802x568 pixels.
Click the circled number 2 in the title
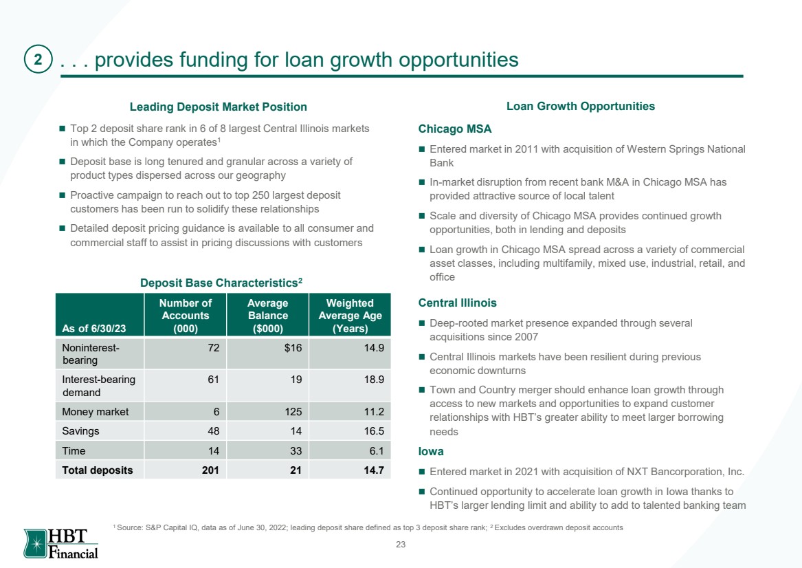pyautogui.click(x=38, y=59)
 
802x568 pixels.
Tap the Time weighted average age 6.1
pyautogui.click(x=376, y=451)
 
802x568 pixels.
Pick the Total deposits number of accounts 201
pyautogui.click(x=210, y=470)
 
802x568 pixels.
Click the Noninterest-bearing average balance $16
pyautogui.click(x=293, y=348)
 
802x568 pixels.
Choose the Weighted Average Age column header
pyautogui.click(x=350, y=316)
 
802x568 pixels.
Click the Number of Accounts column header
pyautogui.click(x=185, y=316)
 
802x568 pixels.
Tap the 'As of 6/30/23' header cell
pyautogui.click(x=94, y=329)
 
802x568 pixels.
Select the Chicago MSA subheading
pyautogui.click(x=455, y=129)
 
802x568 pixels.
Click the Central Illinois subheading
pyautogui.click(x=457, y=303)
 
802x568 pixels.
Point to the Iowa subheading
pyautogui.click(x=431, y=451)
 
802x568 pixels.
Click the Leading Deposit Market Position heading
pyautogui.click(x=219, y=107)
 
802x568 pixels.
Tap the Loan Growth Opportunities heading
pyautogui.click(x=581, y=107)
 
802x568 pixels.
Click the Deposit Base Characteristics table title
pyautogui.click(x=221, y=283)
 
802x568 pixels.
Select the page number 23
pyautogui.click(x=401, y=545)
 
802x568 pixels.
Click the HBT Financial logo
pyautogui.click(x=61, y=543)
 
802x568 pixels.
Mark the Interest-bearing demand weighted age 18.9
pyautogui.click(x=374, y=380)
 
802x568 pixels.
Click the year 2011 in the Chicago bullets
pyautogui.click(x=526, y=149)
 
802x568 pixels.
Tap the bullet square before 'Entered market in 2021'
pyautogui.click(x=422, y=471)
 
